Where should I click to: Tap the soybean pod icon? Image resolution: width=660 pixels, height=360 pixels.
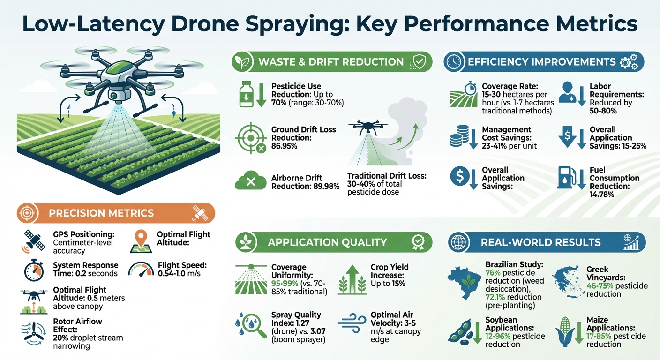[461, 330]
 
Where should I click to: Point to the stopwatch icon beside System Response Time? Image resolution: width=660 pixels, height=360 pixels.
[34, 270]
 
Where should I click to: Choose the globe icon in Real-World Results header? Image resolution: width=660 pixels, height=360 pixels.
[457, 242]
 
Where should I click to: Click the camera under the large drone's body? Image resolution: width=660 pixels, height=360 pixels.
[113, 95]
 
